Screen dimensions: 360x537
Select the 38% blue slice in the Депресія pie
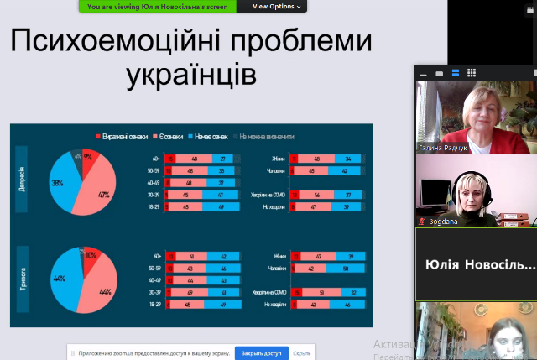pyautogui.click(x=60, y=183)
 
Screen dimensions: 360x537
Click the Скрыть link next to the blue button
pyautogui.click(x=302, y=353)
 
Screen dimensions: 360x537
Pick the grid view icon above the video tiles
pyautogui.click(x=472, y=73)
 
